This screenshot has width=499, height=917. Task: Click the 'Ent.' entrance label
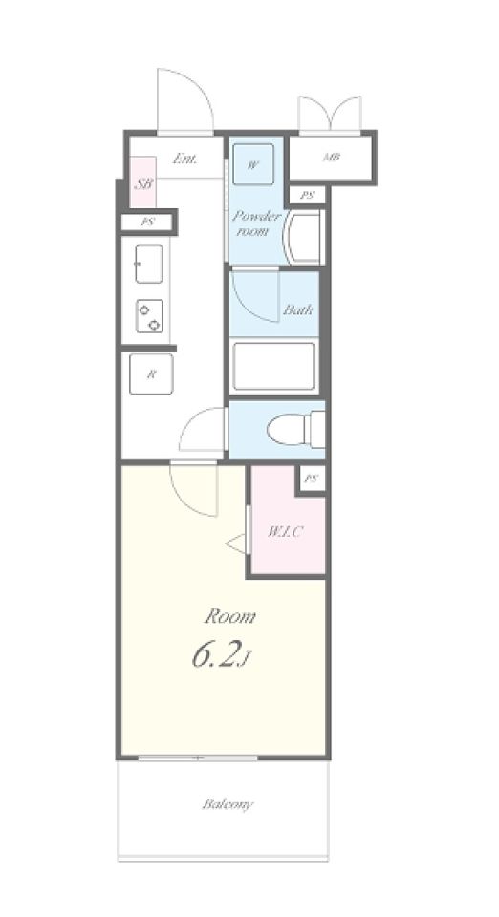pyautogui.click(x=185, y=159)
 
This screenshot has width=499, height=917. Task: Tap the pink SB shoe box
pyautogui.click(x=142, y=181)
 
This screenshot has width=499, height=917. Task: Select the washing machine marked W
pyautogui.click(x=253, y=164)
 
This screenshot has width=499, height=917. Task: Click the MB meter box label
pyautogui.click(x=332, y=157)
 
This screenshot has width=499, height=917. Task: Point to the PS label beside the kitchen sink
pyautogui.click(x=147, y=223)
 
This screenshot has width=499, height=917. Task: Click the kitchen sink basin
pyautogui.click(x=149, y=264)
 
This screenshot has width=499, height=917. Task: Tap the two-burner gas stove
pyautogui.click(x=150, y=316)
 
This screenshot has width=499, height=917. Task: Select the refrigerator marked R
pyautogui.click(x=151, y=374)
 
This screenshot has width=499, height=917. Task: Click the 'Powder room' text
pyautogui.click(x=257, y=223)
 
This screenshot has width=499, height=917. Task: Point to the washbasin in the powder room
pyautogui.click(x=302, y=238)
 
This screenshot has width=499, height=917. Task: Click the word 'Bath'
pyautogui.click(x=298, y=309)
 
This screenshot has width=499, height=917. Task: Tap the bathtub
pyautogui.click(x=273, y=367)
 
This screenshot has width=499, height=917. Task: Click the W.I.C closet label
pyautogui.click(x=286, y=532)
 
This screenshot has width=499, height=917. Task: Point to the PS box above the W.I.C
pyautogui.click(x=311, y=480)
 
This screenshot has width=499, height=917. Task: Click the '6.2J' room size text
pyautogui.click(x=221, y=656)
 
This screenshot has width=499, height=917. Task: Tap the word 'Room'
pyautogui.click(x=229, y=616)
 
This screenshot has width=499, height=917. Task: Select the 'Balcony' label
pyautogui.click(x=228, y=804)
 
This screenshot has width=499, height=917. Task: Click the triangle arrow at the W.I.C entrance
pyautogui.click(x=236, y=544)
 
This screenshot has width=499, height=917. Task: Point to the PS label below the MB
pyautogui.click(x=307, y=195)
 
